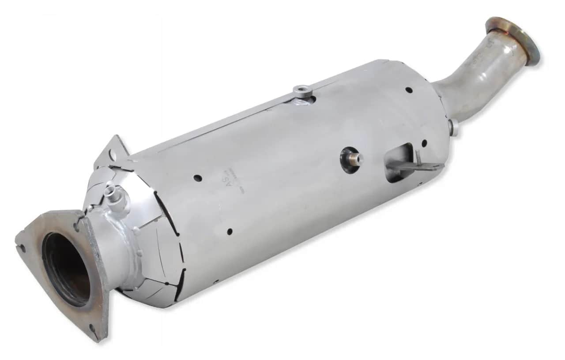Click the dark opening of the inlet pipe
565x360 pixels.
click(66, 270)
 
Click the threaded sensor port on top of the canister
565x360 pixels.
click(303, 91)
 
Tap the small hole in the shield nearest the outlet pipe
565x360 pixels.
click(409, 90)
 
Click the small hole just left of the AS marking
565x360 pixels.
click(197, 178)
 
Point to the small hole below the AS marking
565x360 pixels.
click(230, 231)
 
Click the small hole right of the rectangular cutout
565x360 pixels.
click(424, 143)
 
